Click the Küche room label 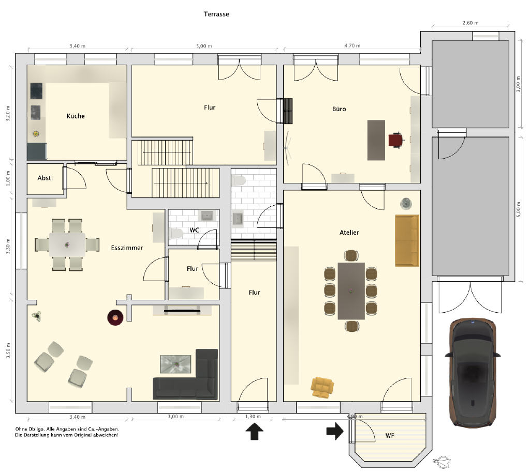pyautogui.click(x=76, y=116)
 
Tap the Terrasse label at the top pyautogui.click(x=216, y=14)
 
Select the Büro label pyautogui.click(x=339, y=109)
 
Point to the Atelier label pyautogui.click(x=349, y=232)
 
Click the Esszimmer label pyautogui.click(x=127, y=248)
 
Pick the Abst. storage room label pyautogui.click(x=45, y=178)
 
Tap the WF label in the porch pyautogui.click(x=390, y=436)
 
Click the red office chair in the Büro pyautogui.click(x=396, y=140)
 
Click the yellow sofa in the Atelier pyautogui.click(x=407, y=240)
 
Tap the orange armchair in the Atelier pyautogui.click(x=322, y=387)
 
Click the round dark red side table pyautogui.click(x=115, y=318)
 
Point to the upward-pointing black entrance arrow pyautogui.click(x=254, y=432)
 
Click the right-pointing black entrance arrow pyautogui.click(x=335, y=431)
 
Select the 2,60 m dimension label pyautogui.click(x=470, y=23)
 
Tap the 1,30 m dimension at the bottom pyautogui.click(x=253, y=417)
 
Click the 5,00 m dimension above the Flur pyautogui.click(x=204, y=46)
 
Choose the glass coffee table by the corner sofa pyautogui.click(x=176, y=364)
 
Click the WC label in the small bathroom pyautogui.click(x=195, y=230)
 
